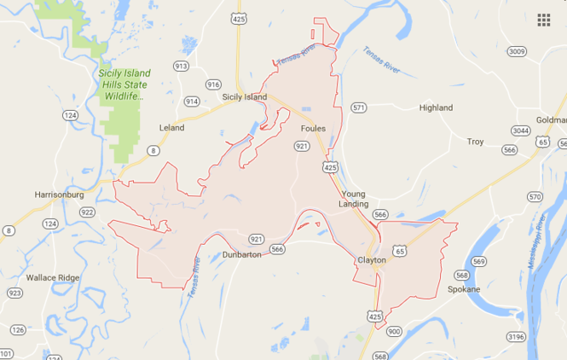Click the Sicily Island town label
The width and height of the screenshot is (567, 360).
point(245,97)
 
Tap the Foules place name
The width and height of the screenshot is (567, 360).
point(314,128)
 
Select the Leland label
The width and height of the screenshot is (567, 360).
point(171,127)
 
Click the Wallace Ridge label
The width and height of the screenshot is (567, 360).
point(52,278)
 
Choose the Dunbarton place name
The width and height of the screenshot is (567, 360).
point(240,254)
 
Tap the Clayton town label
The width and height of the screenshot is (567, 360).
point(373,259)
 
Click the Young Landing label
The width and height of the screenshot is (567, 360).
point(353,199)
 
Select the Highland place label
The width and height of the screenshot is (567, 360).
point(436,108)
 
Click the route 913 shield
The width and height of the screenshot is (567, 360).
point(181,66)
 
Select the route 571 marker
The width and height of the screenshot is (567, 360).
point(359,107)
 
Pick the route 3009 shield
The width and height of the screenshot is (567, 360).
point(515,51)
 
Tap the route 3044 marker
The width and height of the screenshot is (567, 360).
point(521,131)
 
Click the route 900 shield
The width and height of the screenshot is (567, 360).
point(393,330)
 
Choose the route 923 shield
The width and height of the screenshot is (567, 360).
point(14,293)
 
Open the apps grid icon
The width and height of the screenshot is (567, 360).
point(543,20)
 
